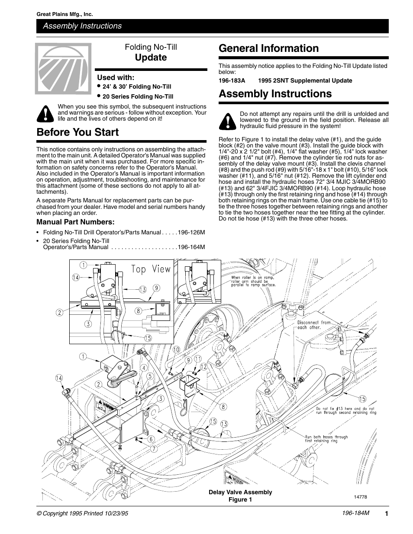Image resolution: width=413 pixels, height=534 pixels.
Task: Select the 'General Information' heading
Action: pos(268,48)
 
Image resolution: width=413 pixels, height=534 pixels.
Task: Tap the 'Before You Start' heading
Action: pos(77,132)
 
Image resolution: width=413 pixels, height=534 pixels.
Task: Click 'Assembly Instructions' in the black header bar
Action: pos(82,26)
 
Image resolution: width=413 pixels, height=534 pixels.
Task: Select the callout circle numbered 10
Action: pos(176,349)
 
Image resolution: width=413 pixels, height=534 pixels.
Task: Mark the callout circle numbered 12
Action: pos(203,366)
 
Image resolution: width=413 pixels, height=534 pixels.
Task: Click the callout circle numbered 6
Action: pos(152,439)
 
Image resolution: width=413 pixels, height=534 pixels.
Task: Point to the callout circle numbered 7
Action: pos(154,449)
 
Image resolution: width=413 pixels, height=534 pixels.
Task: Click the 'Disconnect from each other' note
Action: pos(313,325)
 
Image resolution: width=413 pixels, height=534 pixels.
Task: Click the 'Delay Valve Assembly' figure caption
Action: pos(240,492)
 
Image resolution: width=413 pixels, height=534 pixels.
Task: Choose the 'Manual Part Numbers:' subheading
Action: pos(75,222)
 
